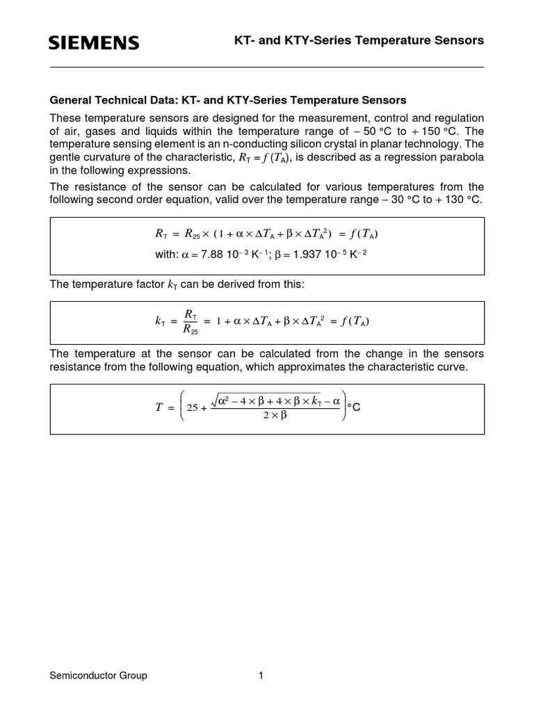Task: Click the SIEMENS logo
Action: [x=94, y=43]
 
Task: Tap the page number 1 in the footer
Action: [x=261, y=675]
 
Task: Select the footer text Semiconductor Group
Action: [x=98, y=675]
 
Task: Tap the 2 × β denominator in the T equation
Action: [x=274, y=416]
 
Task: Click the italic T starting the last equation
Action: [x=158, y=408]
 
